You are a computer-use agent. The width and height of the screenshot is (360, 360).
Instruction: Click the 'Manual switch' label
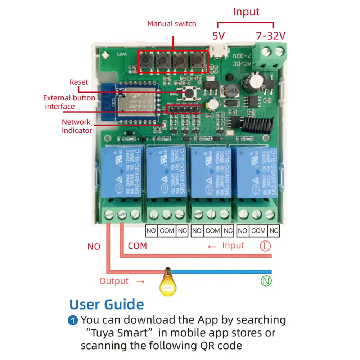point(172,24)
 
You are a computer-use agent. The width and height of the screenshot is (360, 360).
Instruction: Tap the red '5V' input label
point(218,36)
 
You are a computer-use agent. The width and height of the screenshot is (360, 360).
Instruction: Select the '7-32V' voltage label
point(271,36)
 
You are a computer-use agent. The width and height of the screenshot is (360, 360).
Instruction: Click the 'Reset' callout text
point(78,82)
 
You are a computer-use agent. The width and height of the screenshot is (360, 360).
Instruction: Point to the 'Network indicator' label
point(76,126)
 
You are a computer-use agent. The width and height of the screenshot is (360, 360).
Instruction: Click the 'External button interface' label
point(69,102)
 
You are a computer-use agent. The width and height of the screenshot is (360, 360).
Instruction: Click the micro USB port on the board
point(219,51)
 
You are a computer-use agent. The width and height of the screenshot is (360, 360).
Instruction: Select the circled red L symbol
point(265,246)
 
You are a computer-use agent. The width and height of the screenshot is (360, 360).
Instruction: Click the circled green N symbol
point(266,281)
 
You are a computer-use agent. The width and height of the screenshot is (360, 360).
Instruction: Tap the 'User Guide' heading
point(107,305)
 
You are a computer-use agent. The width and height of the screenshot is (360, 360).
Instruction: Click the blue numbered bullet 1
point(73,320)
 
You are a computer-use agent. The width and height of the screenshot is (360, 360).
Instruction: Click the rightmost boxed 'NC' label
point(274,230)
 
